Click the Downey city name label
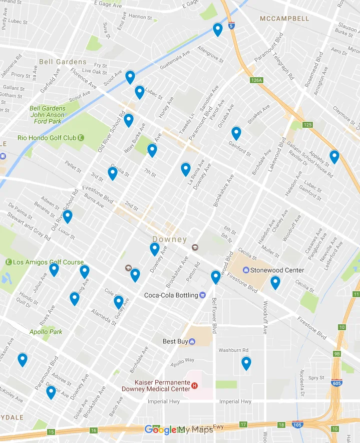[169, 240]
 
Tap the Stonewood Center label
[277, 270]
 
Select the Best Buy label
[176, 341]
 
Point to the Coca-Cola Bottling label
[171, 295]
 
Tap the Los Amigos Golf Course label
[49, 262]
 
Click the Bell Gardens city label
[63, 62]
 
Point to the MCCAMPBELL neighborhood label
[284, 19]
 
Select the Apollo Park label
[46, 332]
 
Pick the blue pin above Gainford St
[236, 133]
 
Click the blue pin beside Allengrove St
[217, 30]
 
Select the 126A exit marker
[256, 80]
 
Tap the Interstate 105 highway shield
[297, 424]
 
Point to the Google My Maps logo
[178, 429]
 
